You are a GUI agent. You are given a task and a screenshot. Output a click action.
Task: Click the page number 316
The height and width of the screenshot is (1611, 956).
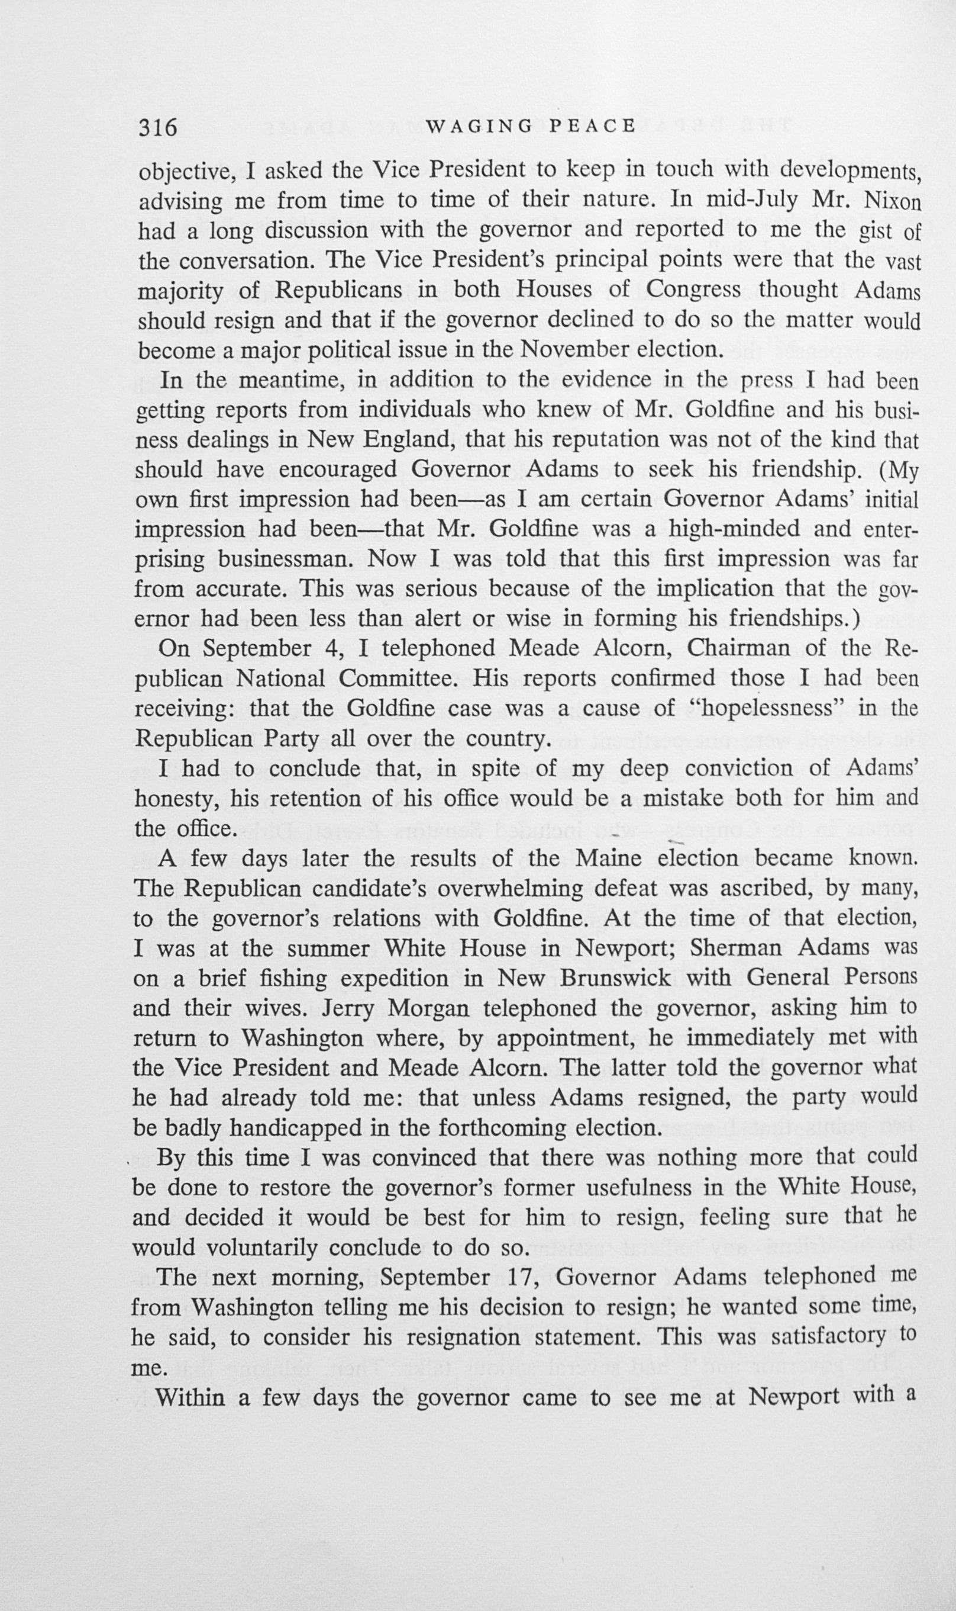[x=158, y=127]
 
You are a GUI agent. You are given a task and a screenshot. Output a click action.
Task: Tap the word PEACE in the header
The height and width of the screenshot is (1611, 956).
[x=593, y=126]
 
